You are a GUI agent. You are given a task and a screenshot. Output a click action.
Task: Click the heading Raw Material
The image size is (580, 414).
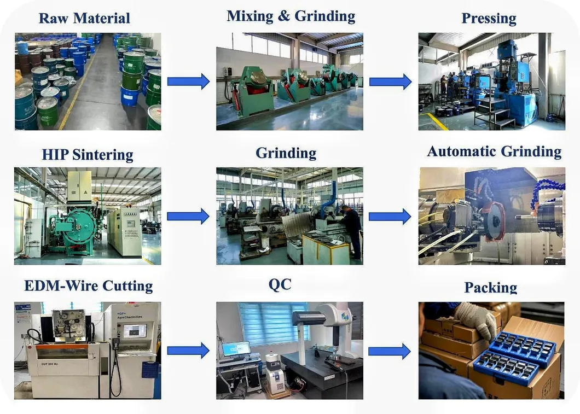(x=84, y=18)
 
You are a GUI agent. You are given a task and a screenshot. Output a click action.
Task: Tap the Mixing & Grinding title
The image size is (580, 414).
(x=291, y=16)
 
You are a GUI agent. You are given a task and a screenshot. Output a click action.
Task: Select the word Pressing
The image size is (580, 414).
(x=489, y=18)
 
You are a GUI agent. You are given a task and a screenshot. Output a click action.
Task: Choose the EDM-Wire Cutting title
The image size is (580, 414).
(x=88, y=285)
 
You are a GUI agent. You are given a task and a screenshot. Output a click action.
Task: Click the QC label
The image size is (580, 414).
(x=280, y=284)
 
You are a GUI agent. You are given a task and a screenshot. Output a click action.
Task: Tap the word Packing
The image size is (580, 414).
(x=490, y=287)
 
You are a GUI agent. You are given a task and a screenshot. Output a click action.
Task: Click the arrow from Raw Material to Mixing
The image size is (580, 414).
(x=188, y=81)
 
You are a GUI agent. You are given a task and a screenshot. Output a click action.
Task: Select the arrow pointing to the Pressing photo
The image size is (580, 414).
(x=390, y=81)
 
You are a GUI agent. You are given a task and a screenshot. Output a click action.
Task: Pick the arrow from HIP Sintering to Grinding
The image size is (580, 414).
(x=188, y=216)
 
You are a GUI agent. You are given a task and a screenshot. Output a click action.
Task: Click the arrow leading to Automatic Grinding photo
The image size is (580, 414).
(x=390, y=216)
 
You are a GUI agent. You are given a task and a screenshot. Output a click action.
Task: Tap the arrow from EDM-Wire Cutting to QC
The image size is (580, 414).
(x=188, y=350)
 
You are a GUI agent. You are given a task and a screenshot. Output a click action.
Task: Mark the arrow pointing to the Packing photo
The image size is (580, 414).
(x=390, y=351)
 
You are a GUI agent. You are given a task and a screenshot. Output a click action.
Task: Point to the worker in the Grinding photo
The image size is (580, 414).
(x=351, y=230)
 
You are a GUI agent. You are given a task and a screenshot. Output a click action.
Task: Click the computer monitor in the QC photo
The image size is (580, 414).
(x=236, y=348)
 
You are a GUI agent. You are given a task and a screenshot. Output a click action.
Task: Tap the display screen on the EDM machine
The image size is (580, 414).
(x=135, y=330)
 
